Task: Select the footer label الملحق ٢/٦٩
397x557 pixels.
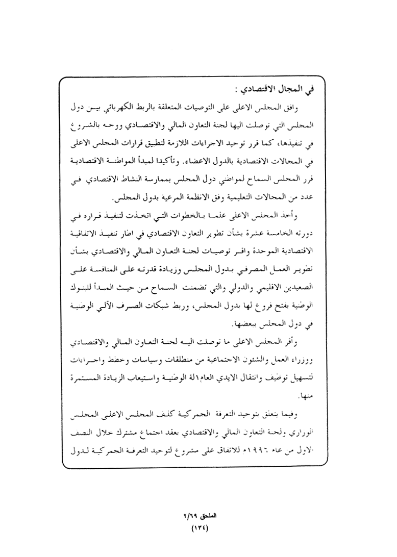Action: click(x=198, y=516)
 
